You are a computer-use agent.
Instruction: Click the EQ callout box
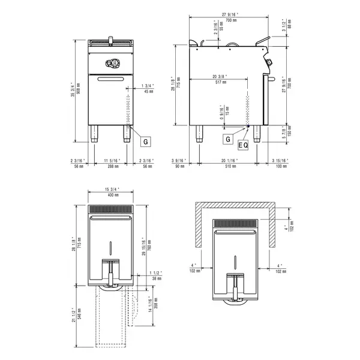click(243, 145)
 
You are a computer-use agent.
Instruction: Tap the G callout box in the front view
click(145, 142)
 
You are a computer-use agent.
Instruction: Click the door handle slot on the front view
click(110, 79)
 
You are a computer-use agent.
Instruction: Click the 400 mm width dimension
click(110, 196)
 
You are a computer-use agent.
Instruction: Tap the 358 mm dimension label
click(154, 307)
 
